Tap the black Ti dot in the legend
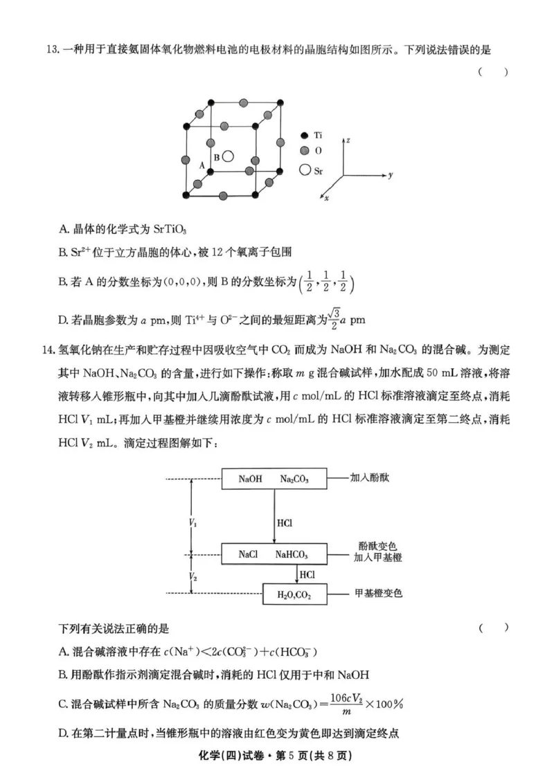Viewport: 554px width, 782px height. click(304, 136)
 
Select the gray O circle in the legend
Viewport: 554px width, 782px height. click(304, 151)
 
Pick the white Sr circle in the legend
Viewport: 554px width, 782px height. click(304, 169)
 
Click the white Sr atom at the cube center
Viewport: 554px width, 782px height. click(229, 158)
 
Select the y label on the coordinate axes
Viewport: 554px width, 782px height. click(391, 176)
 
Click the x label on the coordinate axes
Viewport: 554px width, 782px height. click(326, 199)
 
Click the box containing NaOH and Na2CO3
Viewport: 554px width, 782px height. click(274, 478)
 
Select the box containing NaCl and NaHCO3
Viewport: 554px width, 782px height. click(274, 554)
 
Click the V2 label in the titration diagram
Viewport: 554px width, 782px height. click(192, 575)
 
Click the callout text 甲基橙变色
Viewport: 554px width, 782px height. click(378, 593)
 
